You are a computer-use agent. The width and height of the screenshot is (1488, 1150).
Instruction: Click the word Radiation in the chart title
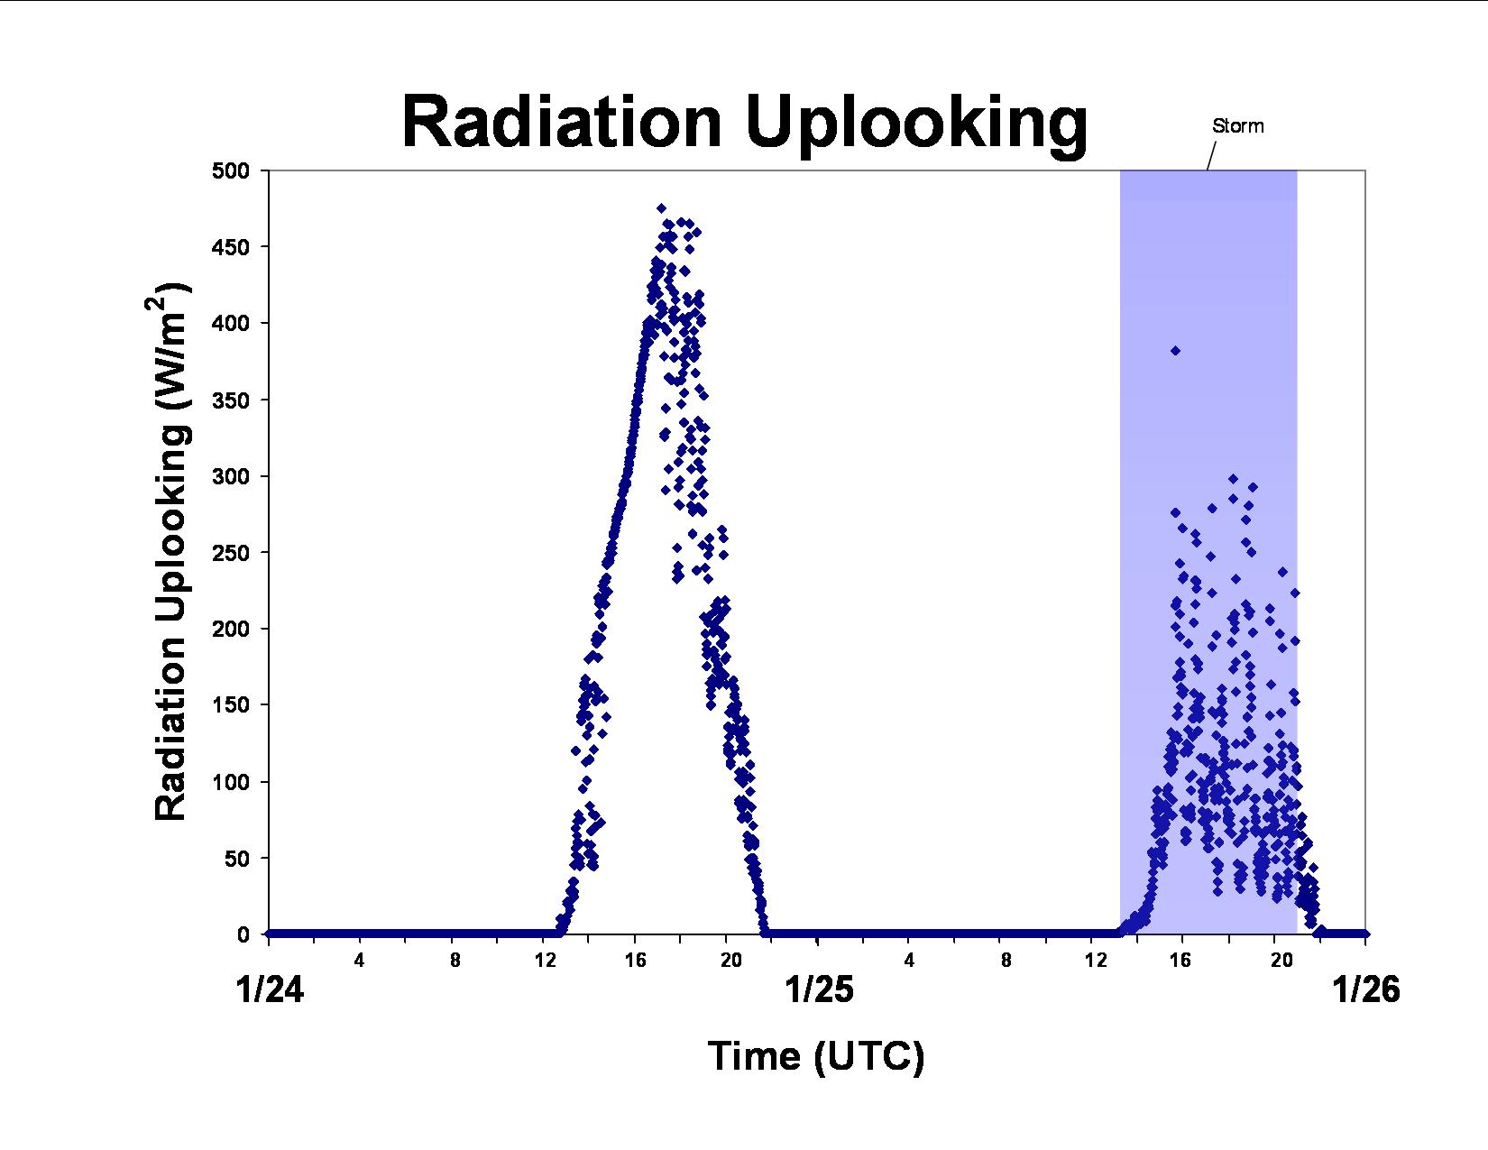[x=562, y=123]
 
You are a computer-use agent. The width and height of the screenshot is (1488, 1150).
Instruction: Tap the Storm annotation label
[x=1237, y=126]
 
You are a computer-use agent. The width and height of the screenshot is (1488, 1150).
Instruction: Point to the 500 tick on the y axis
[x=231, y=170]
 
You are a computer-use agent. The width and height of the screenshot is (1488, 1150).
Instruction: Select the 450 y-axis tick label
[x=231, y=247]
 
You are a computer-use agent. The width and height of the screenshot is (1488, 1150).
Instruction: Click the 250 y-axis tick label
[x=231, y=553]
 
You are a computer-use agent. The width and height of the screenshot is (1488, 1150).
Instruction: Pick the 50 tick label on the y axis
[x=237, y=859]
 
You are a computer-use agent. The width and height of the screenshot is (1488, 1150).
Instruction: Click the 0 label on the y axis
[x=243, y=934]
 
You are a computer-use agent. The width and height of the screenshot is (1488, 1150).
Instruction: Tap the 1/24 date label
[x=270, y=989]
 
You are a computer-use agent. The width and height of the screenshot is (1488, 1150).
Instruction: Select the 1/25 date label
[x=819, y=989]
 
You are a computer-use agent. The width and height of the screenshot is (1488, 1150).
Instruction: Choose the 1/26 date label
[x=1366, y=989]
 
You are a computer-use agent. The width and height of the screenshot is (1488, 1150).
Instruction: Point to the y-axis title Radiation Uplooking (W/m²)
[x=170, y=552]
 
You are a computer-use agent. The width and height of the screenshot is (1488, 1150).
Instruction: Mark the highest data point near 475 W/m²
[x=662, y=208]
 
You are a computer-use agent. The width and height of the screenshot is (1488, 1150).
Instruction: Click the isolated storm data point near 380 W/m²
[x=1175, y=351]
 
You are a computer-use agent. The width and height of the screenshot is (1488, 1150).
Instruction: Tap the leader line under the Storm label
[x=1211, y=155]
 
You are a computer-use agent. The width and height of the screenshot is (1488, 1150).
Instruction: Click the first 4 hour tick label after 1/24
[x=360, y=961]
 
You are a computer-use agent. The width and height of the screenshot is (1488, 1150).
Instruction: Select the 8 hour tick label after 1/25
[x=1006, y=961]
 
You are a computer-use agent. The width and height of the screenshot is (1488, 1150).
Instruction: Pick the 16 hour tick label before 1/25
[x=636, y=961]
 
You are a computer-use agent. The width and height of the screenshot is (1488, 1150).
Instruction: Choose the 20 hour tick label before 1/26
[x=1281, y=961]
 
